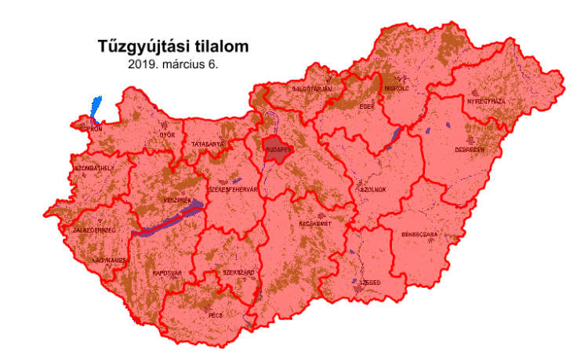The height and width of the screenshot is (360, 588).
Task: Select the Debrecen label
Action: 470,149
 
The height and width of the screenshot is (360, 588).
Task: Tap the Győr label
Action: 167,135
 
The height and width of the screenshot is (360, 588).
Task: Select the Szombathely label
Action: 93,168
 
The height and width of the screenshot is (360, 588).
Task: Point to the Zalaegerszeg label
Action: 94,230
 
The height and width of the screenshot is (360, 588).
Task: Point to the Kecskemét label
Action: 316,224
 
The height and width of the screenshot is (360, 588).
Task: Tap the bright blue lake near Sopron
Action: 96,107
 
